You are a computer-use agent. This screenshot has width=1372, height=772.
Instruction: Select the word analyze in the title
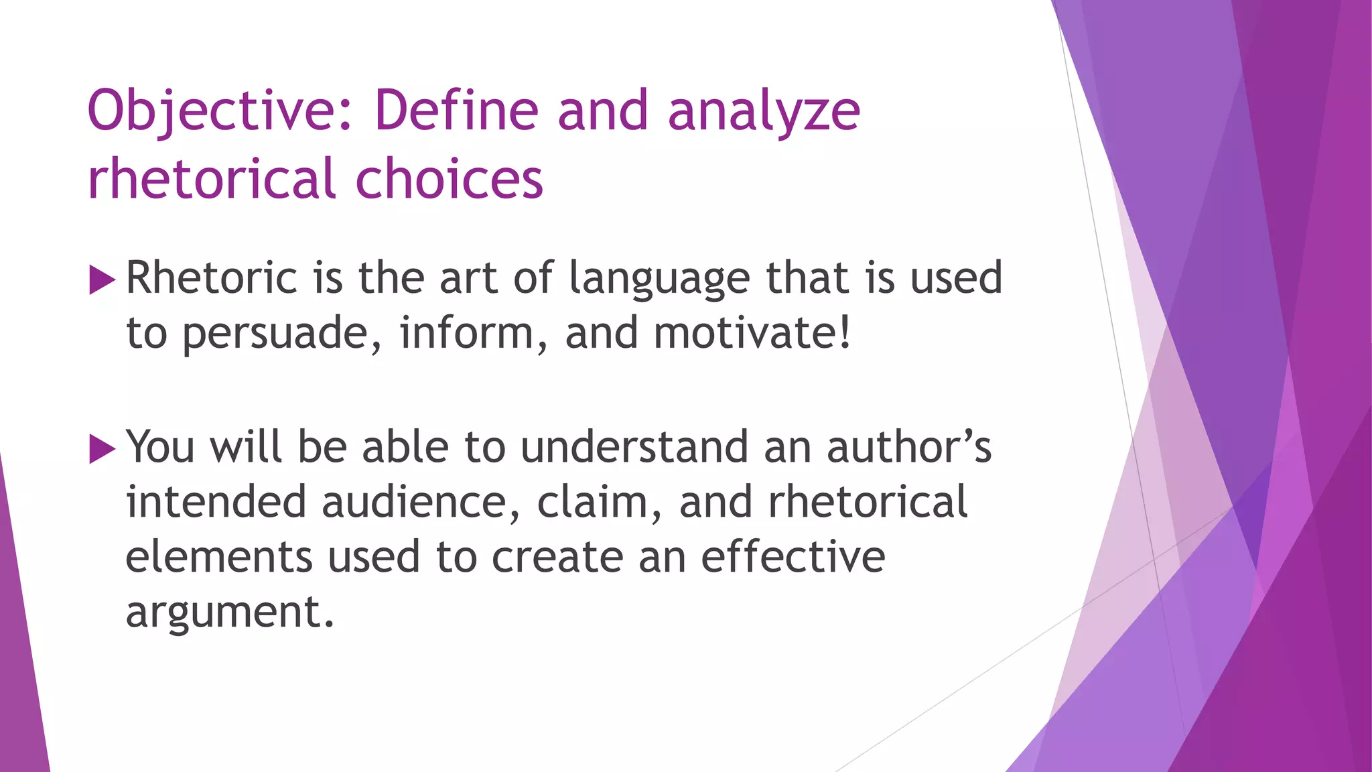point(764,111)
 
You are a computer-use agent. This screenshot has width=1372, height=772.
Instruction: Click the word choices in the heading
point(449,180)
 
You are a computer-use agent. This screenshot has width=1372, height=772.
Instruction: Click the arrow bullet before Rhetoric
point(102,279)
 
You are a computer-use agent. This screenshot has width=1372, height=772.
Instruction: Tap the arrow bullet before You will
point(102,448)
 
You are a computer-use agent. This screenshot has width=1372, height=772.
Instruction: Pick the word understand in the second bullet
point(634,447)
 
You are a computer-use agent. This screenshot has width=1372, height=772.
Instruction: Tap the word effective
point(793,558)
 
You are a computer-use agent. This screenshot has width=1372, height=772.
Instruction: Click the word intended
point(216,503)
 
